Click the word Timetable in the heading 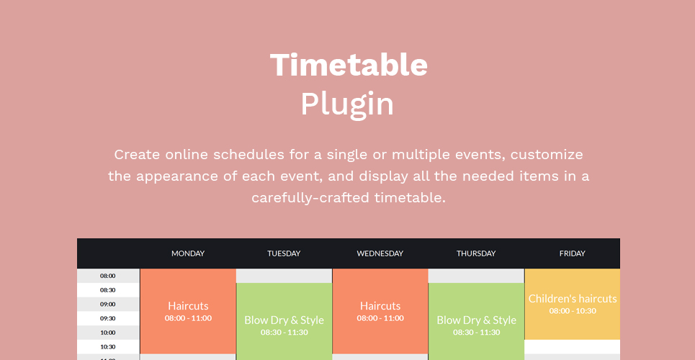pos(349,65)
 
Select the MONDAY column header pos(188,253)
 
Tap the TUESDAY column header pos(284,253)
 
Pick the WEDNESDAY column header pos(380,253)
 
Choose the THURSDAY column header pos(476,253)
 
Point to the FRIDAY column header pos(573,253)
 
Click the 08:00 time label pos(108,276)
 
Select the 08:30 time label pos(108,290)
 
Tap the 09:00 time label pos(108,304)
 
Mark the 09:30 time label pos(108,318)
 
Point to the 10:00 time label pos(108,333)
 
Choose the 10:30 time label pos(108,347)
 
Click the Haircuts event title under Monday pos(188,306)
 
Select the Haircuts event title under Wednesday pos(380,306)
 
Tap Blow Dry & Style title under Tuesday pos(284,320)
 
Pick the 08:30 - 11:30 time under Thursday pos(477,332)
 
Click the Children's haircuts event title pos(573,298)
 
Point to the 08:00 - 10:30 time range pos(573,311)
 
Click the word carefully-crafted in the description pos(310,198)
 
